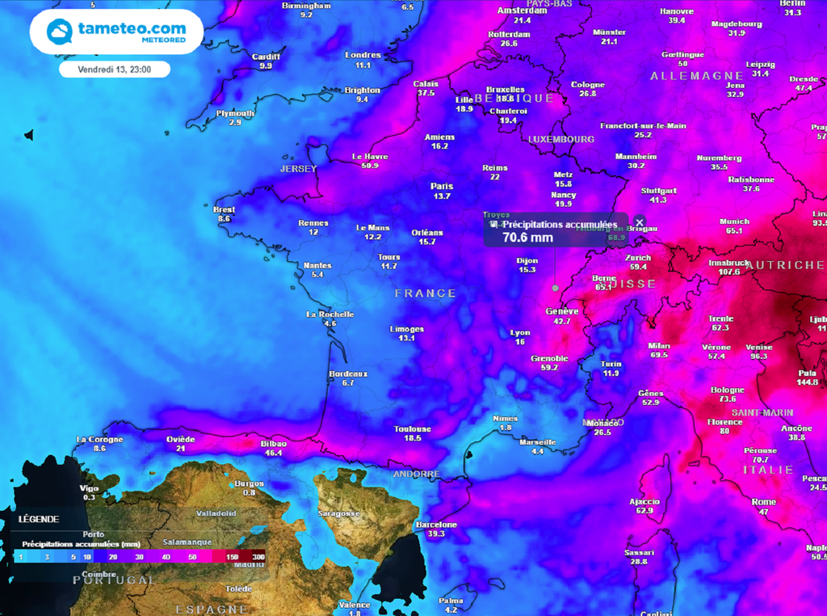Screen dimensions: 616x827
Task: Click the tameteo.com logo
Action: pos(117,32)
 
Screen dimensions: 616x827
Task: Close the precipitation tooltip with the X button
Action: pos(639,222)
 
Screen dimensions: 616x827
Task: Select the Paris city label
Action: pos(441,186)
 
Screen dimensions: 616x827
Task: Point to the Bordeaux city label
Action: pos(348,373)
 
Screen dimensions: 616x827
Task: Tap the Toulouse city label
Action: pos(413,428)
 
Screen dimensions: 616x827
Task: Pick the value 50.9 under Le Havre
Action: pos(370,166)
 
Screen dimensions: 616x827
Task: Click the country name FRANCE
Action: pos(425,293)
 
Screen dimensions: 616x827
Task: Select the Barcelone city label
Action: pos(436,525)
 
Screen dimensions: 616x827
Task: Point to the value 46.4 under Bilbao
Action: pos(273,454)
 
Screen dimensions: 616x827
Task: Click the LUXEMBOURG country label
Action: pos(561,139)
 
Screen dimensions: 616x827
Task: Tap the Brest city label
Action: pos(224,209)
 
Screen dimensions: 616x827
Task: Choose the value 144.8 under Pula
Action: pos(807,382)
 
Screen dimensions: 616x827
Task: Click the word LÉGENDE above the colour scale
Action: pos(39,519)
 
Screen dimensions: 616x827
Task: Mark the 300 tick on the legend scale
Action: pos(258,557)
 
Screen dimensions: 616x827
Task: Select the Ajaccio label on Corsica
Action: pos(644,501)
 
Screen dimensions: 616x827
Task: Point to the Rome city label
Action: pos(763,502)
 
